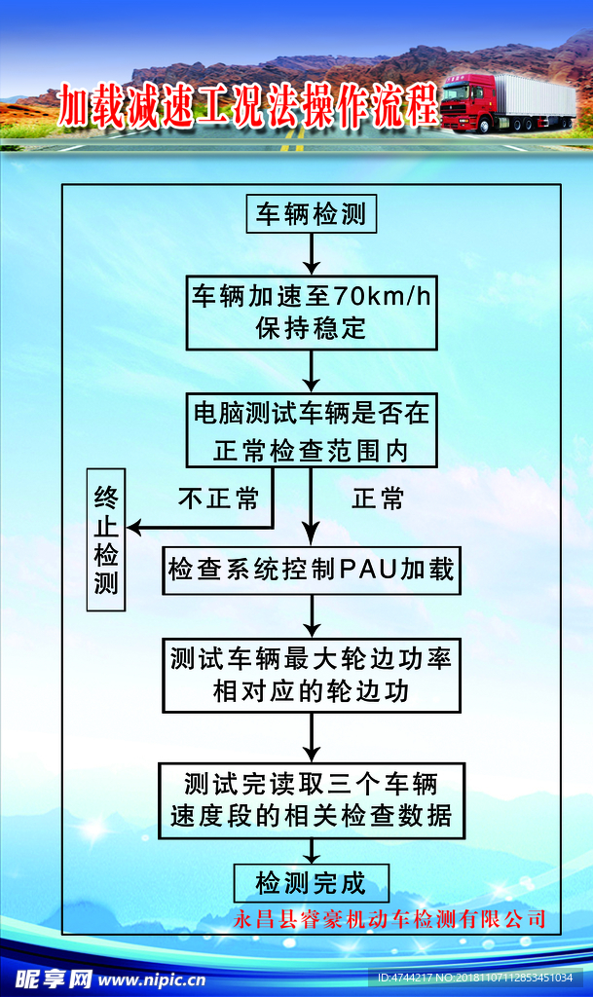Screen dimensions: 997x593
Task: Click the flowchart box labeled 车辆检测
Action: tap(311, 214)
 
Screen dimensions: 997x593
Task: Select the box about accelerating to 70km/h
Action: tap(311, 312)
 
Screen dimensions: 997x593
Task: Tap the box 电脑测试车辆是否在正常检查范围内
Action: tap(311, 430)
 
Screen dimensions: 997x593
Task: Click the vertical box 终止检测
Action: tap(106, 541)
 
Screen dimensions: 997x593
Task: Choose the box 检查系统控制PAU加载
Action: tap(311, 570)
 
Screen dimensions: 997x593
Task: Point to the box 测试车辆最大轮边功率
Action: tap(311, 675)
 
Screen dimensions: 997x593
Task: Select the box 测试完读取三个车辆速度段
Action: tap(311, 799)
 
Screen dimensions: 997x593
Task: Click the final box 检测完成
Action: tap(311, 883)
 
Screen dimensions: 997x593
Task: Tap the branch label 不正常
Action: tap(218, 499)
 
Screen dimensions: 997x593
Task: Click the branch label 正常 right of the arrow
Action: tap(378, 499)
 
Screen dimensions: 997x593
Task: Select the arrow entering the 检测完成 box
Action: tap(311, 852)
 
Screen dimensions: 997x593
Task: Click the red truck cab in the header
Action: tap(464, 102)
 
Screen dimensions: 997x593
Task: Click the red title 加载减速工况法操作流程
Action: tap(248, 105)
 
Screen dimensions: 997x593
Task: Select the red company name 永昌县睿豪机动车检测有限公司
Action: tap(390, 918)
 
